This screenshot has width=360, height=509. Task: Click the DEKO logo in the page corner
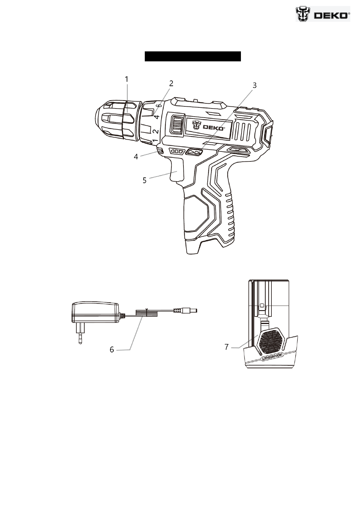click(x=323, y=14)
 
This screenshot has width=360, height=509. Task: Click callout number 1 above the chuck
click(x=127, y=79)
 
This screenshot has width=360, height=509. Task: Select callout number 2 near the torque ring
click(x=171, y=83)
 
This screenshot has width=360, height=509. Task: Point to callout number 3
click(x=255, y=86)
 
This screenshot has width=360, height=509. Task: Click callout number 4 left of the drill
click(x=136, y=157)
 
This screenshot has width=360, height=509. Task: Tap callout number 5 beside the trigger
click(x=144, y=180)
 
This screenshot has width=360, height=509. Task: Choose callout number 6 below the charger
click(x=112, y=349)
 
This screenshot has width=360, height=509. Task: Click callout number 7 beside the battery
click(x=226, y=347)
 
